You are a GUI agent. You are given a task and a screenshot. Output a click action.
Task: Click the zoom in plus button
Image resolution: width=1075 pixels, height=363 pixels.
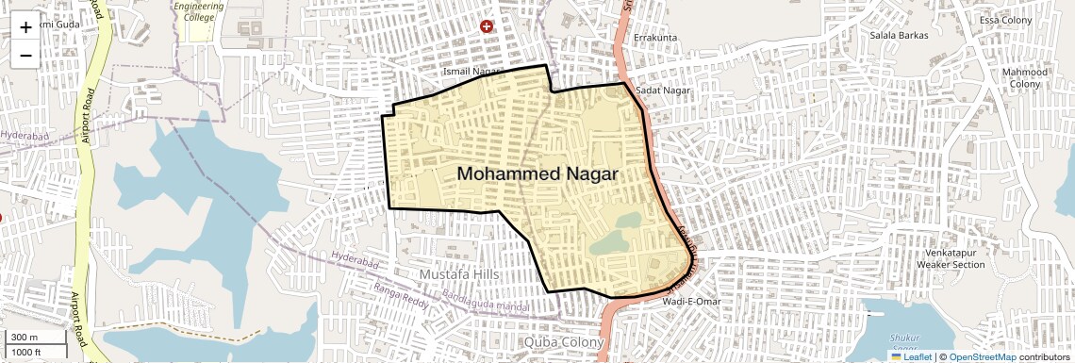[x=25, y=27]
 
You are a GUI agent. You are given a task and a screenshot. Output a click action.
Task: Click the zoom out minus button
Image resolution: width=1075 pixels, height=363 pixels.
[x=25, y=55]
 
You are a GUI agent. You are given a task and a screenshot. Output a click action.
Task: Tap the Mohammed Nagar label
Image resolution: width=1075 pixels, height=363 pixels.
[x=537, y=174]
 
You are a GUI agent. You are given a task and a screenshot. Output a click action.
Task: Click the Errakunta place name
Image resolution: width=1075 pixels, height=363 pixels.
[x=655, y=38]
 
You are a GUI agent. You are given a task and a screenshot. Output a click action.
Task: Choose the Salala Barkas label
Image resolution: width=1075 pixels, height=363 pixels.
[x=899, y=35]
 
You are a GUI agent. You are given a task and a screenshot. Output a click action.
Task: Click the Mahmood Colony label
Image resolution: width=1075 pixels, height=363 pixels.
[x=1025, y=78]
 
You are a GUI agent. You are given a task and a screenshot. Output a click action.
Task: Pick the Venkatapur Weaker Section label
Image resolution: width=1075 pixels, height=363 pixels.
[x=951, y=258]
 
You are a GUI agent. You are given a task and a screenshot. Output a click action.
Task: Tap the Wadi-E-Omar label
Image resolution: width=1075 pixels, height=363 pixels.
[x=692, y=301]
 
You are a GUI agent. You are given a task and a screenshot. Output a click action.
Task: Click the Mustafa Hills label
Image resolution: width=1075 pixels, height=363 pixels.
[x=458, y=273]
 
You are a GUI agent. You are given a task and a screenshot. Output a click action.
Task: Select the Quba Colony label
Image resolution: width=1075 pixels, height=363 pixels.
[x=563, y=341]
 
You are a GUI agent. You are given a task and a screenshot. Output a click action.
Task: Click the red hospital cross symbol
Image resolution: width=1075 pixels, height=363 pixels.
[x=487, y=26]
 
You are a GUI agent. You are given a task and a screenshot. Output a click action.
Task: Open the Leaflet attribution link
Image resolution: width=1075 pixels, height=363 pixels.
[x=913, y=356]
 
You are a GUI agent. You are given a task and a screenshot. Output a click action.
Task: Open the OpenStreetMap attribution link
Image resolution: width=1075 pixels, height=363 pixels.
[x=983, y=356]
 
